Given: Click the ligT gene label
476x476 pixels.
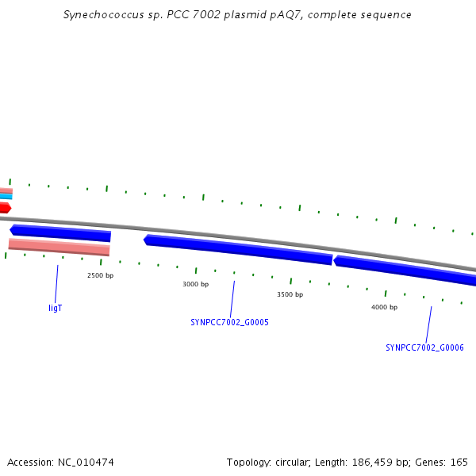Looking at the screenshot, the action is [x=56, y=308].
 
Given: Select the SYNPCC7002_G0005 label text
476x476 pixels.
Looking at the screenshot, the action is [x=229, y=322].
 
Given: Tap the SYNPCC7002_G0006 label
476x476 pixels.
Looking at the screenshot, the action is [x=424, y=347].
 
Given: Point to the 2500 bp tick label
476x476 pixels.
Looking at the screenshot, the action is [x=100, y=275].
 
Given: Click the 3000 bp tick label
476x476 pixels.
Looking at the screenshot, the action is [x=195, y=284].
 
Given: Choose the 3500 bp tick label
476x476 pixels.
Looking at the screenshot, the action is [x=290, y=294].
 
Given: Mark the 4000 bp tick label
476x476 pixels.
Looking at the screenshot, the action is [x=384, y=307].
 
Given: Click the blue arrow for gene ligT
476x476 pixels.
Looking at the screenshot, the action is [x=60, y=233].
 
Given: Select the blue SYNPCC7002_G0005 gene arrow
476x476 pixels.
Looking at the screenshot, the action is [x=238, y=249].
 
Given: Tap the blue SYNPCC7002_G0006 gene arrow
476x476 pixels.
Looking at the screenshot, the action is [x=405, y=270].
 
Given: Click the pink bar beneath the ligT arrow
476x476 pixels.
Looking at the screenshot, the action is [x=59, y=247].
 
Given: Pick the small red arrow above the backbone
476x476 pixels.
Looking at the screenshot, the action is [x=6, y=208].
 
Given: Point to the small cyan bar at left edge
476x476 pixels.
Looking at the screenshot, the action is [x=6, y=197].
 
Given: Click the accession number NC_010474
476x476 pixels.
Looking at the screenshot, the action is [x=86, y=463].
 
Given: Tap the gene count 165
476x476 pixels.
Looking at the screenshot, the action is [x=459, y=462].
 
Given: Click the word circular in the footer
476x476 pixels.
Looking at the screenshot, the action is [x=293, y=462].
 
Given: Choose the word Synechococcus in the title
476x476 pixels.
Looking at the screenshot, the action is [x=103, y=15].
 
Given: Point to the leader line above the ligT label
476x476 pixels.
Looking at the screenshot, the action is [x=56, y=284].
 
